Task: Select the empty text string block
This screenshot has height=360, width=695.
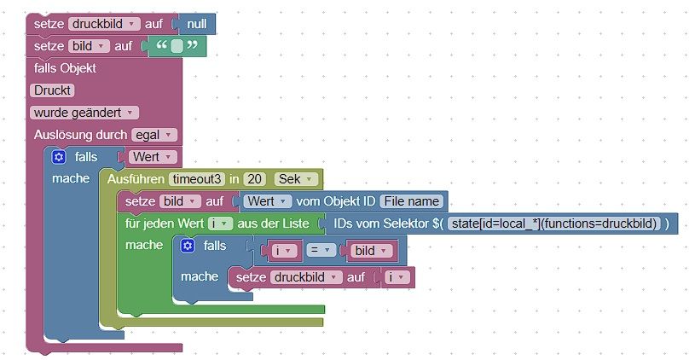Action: click(177, 46)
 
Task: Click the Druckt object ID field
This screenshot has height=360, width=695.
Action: click(53, 90)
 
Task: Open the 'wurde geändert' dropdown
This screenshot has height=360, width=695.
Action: click(85, 113)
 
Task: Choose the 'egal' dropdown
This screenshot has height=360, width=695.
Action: click(154, 135)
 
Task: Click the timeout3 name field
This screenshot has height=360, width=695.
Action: click(197, 179)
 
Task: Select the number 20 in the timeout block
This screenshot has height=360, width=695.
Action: click(254, 179)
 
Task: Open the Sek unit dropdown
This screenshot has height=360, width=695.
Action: click(297, 179)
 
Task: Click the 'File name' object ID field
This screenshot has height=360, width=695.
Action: click(412, 201)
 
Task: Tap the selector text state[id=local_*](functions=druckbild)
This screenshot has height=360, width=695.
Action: click(555, 224)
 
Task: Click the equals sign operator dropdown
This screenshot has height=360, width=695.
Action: click(317, 251)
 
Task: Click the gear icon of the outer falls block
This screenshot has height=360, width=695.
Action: click(58, 157)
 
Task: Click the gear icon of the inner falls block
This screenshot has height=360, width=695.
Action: click(188, 246)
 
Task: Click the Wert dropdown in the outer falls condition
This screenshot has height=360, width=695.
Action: click(153, 157)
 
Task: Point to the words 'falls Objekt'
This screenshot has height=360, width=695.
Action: click(65, 68)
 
